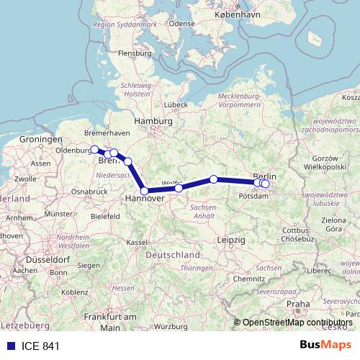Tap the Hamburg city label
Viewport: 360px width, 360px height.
click(154, 122)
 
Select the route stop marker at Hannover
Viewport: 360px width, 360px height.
click(145, 191)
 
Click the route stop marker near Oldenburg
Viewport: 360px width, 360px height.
click(94, 149)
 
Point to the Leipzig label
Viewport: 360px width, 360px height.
click(230, 238)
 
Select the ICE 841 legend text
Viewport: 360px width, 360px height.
click(36, 346)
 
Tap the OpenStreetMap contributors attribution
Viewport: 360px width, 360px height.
click(297, 323)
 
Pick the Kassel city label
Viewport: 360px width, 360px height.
click(136, 243)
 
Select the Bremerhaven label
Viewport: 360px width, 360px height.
click(107, 133)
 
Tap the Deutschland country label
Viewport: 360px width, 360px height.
click(172, 256)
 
